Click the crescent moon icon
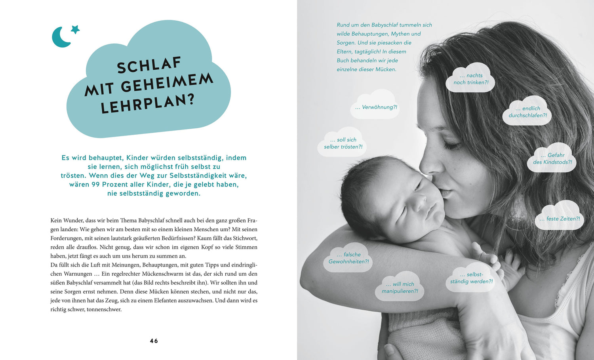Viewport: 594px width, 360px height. coord(60,38)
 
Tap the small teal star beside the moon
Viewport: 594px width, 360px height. coord(75,29)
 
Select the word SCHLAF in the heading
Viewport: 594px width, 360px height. coord(149,65)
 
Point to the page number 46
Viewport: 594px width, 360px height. coord(154,341)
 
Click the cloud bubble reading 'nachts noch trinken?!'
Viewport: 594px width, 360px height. coord(470,79)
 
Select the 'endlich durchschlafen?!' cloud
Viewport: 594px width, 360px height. coord(527,112)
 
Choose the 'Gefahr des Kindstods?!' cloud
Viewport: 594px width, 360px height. coord(552,158)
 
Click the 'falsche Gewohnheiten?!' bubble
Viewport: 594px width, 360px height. coord(348,258)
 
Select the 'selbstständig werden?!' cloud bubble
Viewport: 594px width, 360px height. coord(471,278)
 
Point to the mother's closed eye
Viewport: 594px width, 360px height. coord(451,146)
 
